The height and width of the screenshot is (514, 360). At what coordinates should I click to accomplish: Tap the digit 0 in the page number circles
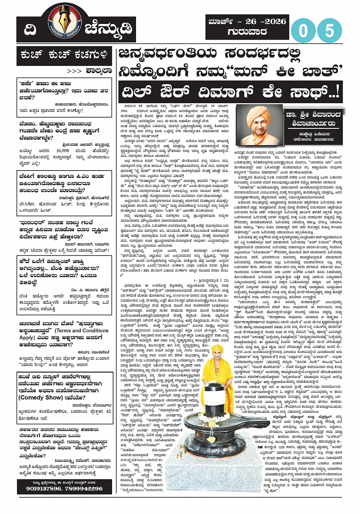[x=303, y=31]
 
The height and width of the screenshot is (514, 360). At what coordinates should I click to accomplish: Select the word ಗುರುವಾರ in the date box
[x=247, y=32]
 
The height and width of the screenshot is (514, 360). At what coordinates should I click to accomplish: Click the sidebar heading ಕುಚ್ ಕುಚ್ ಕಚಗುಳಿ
[x=64, y=56]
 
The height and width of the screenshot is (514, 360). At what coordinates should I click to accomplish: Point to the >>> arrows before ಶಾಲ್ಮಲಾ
[x=74, y=71]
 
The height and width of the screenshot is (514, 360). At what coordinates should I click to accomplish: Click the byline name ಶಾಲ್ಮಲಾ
[x=99, y=71]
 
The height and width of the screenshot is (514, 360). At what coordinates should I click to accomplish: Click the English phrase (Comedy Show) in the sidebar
[x=40, y=397]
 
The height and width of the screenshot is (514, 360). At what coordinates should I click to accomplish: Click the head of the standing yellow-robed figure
[x=218, y=352]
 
